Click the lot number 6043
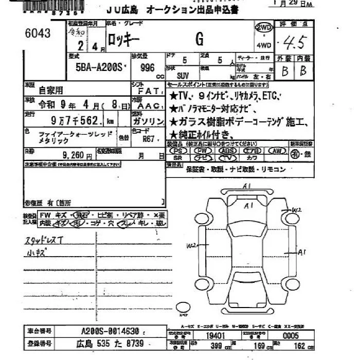click(38, 34)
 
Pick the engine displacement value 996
click(147, 68)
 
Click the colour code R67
click(149, 138)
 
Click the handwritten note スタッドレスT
click(45, 240)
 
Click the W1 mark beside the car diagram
click(296, 210)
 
